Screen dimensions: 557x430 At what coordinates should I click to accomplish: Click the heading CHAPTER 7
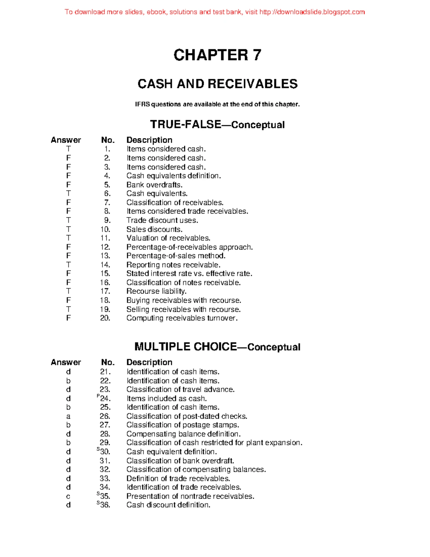(217, 55)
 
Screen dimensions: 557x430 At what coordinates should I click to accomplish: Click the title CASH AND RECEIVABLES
(218, 84)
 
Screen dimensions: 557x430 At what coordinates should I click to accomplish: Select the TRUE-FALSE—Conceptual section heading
(217, 124)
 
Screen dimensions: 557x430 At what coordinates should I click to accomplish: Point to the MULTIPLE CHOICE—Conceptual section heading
(217, 347)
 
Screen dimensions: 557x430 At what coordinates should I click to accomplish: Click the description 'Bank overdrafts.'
(154, 185)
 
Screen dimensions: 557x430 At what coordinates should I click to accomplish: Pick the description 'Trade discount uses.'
(162, 220)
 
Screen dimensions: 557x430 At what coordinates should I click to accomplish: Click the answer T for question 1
(68, 149)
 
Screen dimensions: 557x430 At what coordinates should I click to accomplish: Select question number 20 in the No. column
(105, 318)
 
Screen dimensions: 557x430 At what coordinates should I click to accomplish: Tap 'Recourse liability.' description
(156, 291)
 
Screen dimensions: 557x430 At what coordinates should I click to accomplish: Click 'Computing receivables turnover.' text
(182, 318)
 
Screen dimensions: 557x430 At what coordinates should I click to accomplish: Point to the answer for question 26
(68, 416)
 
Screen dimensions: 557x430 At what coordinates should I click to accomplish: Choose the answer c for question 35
(68, 497)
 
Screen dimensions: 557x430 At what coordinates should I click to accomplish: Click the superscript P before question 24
(98, 396)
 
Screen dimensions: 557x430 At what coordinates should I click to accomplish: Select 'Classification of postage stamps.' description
(183, 425)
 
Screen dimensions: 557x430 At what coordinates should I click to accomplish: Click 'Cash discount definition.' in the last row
(168, 505)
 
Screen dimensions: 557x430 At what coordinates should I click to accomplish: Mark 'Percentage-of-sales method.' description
(176, 256)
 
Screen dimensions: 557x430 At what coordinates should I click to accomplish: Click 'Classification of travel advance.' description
(180, 390)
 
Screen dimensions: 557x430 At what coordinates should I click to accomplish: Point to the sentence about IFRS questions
(217, 104)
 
